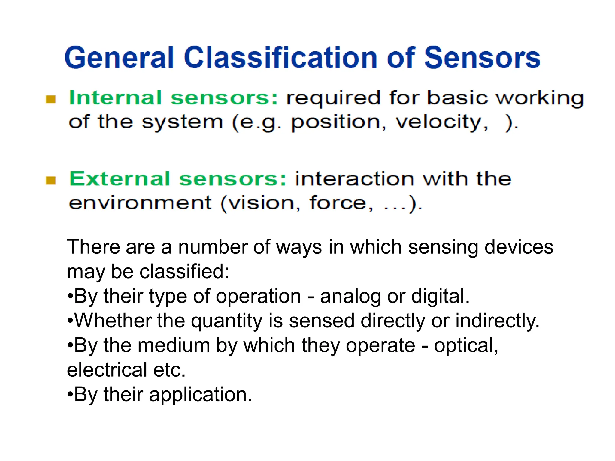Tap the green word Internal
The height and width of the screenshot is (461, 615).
[115, 98]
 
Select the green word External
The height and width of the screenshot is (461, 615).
[120, 179]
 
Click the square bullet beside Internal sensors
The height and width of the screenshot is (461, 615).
[51, 99]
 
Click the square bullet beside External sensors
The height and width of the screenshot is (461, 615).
[51, 180]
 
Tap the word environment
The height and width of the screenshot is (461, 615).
[140, 203]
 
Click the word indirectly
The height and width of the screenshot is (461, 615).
[497, 321]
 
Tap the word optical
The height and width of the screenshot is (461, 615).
[466, 346]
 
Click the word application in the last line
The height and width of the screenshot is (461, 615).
[200, 395]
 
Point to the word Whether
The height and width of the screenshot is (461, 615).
[113, 321]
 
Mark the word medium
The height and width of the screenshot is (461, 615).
[174, 345]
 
